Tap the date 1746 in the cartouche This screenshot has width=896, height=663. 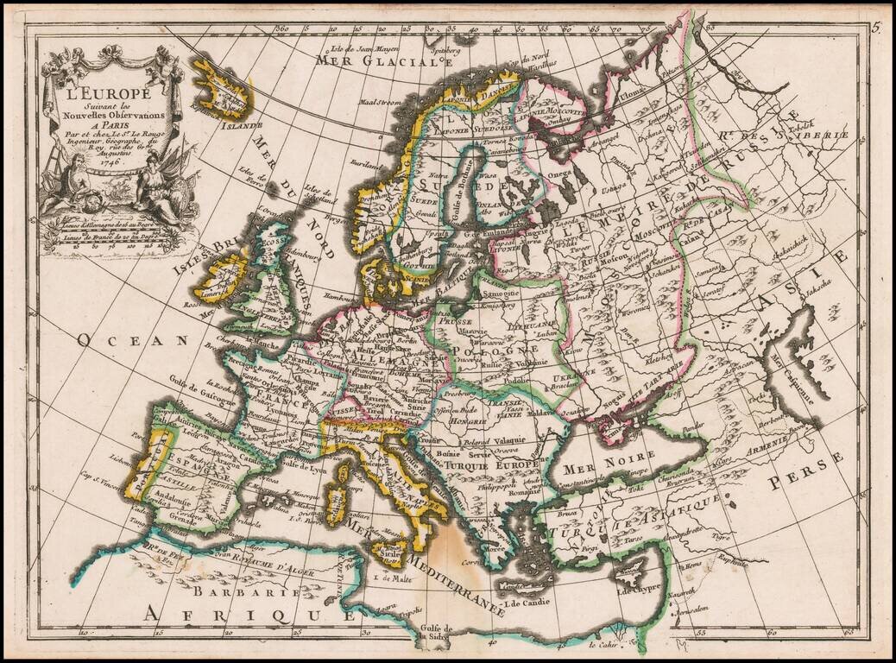point(109,161)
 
